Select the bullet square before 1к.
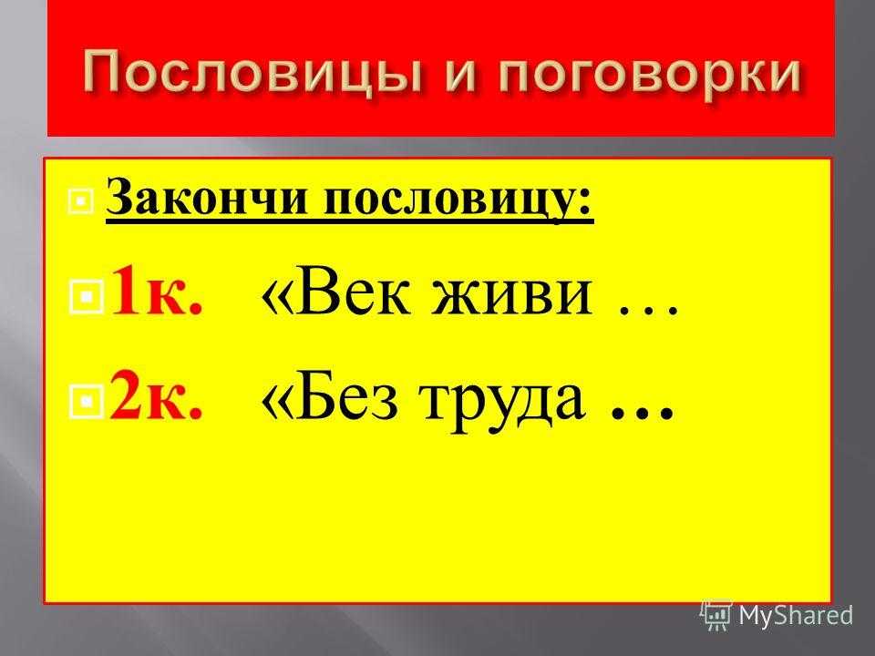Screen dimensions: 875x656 click(x=87, y=298)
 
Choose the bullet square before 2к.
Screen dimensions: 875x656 click(x=87, y=399)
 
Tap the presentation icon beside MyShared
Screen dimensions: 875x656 click(x=716, y=615)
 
